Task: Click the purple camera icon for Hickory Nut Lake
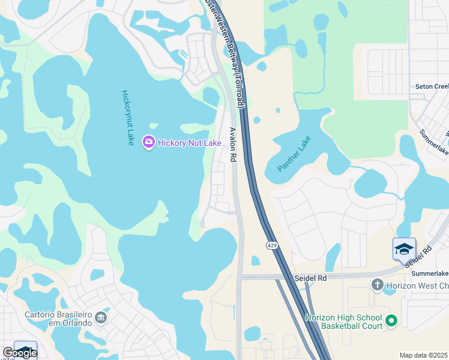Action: point(148,142)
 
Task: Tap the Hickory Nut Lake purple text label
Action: point(189,143)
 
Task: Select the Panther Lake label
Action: point(294,155)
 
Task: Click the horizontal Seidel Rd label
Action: point(310,278)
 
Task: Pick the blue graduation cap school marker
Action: point(404,249)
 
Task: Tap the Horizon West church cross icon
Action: point(377,284)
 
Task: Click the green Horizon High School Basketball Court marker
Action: point(391,321)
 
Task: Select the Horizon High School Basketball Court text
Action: point(343,322)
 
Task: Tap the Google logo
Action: point(19,352)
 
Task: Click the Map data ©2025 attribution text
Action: point(423,355)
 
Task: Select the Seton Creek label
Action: point(432,86)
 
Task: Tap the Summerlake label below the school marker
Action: point(430,274)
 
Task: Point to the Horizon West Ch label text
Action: point(417,285)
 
